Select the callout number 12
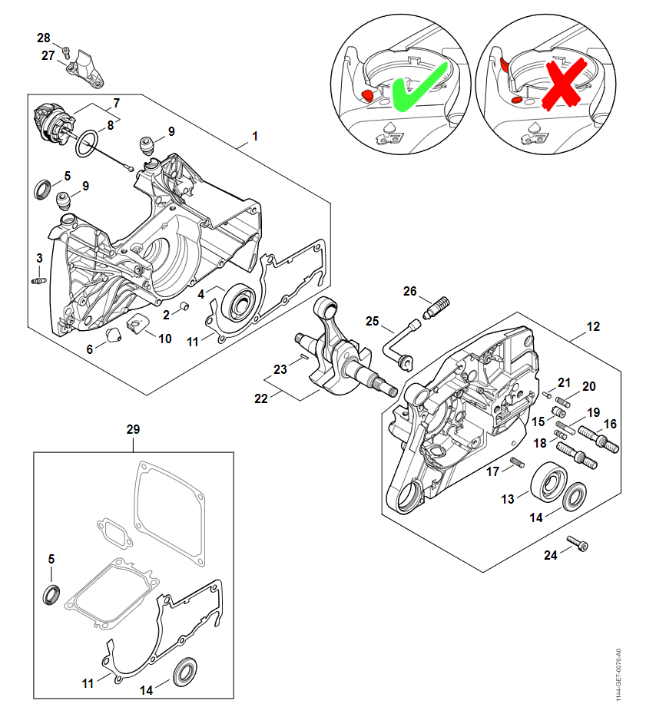click(593, 327)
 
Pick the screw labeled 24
click(577, 545)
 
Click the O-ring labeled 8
click(88, 141)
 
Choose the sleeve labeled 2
click(184, 308)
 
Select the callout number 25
click(373, 321)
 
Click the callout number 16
click(609, 424)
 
